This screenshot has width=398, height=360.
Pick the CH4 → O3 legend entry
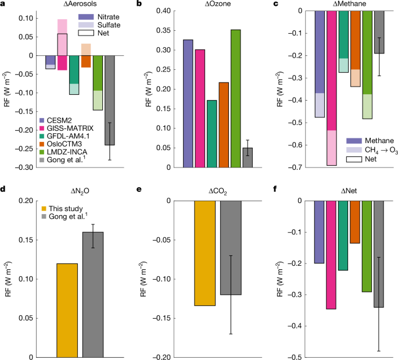pos(368,150)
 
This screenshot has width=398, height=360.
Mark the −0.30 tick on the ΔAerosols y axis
pos(25,167)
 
